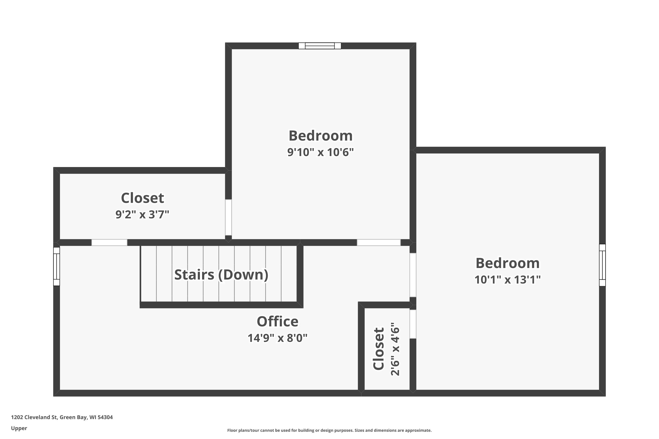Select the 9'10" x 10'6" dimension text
pyautogui.click(x=320, y=152)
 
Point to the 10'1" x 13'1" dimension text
pyautogui.click(x=507, y=280)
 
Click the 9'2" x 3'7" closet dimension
pyautogui.click(x=142, y=214)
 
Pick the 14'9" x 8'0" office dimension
pyautogui.click(x=277, y=338)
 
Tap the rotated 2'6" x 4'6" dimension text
pyautogui.click(x=395, y=349)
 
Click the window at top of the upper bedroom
pyautogui.click(x=320, y=46)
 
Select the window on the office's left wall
pyautogui.click(x=57, y=266)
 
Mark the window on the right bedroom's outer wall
pyautogui.click(x=602, y=265)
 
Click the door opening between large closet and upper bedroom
pyautogui.click(x=228, y=217)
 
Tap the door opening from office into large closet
pyautogui.click(x=109, y=243)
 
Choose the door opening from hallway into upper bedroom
pyautogui.click(x=378, y=243)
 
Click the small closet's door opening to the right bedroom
pyautogui.click(x=413, y=324)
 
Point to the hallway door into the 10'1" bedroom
pyautogui.click(x=413, y=275)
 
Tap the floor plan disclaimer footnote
pyautogui.click(x=329, y=430)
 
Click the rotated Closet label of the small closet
pyautogui.click(x=378, y=349)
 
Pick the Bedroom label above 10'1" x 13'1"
pyautogui.click(x=507, y=263)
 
